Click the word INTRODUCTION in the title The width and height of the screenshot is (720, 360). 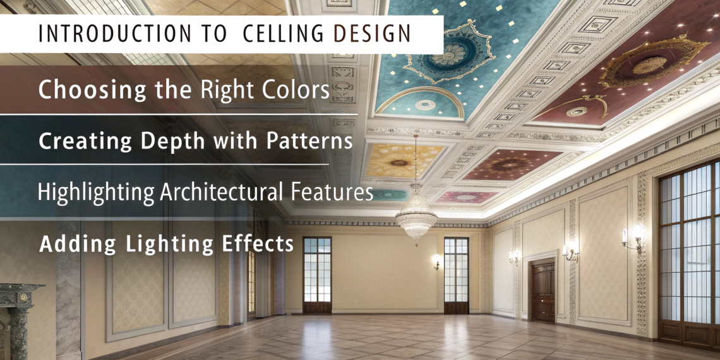click(114, 33)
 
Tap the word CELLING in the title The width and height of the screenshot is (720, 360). click(284, 33)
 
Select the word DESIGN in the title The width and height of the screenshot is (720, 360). click(371, 33)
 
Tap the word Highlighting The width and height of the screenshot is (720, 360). click(95, 193)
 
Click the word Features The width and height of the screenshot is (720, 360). click(331, 192)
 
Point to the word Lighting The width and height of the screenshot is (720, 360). click(169, 244)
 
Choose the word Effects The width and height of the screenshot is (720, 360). click(258, 243)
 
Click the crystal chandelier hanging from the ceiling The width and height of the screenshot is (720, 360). click(416, 216)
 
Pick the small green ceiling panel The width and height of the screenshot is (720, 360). click(391, 195)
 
